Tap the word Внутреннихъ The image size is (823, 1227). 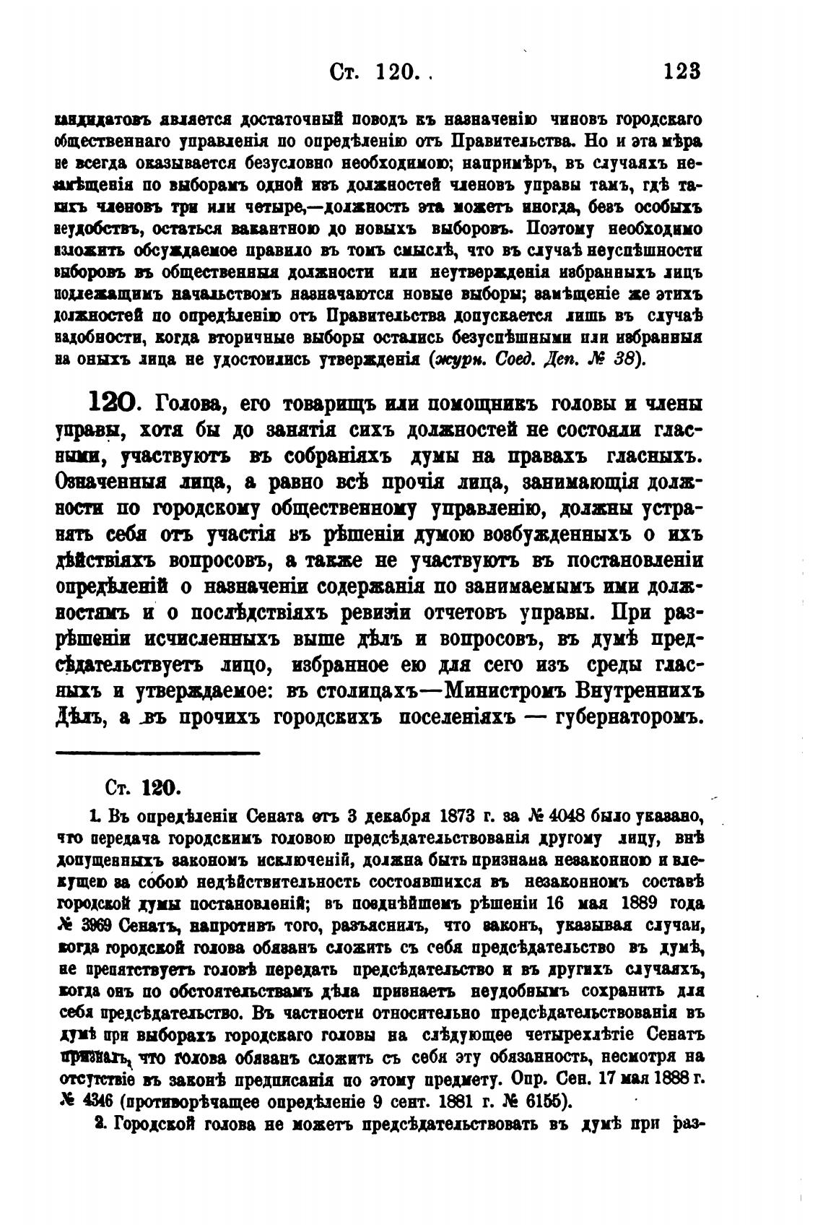640,691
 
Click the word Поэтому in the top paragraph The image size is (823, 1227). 559,228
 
